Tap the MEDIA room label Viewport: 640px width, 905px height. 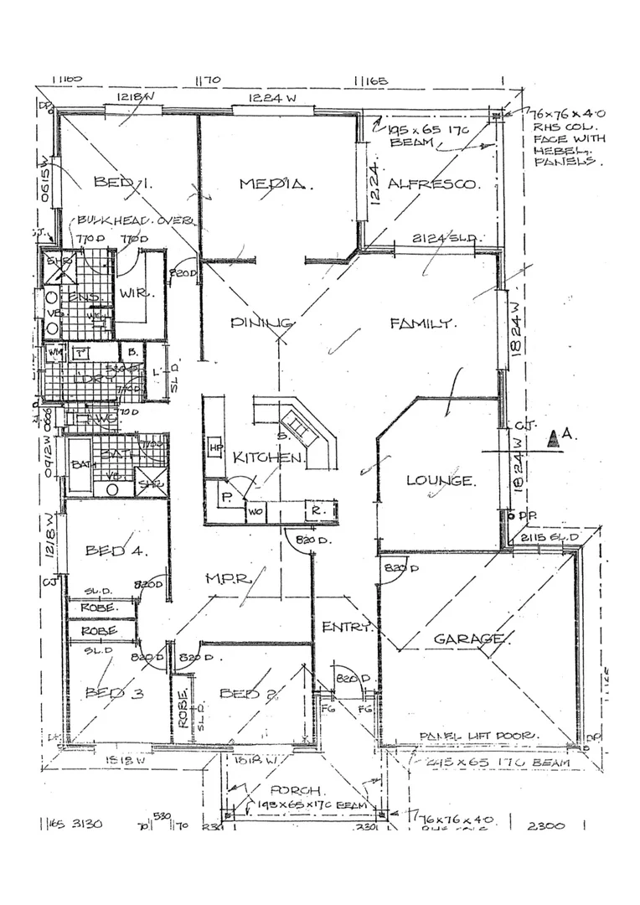270,184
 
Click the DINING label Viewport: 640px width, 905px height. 261,323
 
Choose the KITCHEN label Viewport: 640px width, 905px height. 267,458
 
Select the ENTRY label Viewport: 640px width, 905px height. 346,628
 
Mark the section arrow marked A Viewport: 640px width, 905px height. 554,437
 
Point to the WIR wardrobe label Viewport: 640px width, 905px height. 132,294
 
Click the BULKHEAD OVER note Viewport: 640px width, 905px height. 135,221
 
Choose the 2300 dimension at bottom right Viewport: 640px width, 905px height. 547,825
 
